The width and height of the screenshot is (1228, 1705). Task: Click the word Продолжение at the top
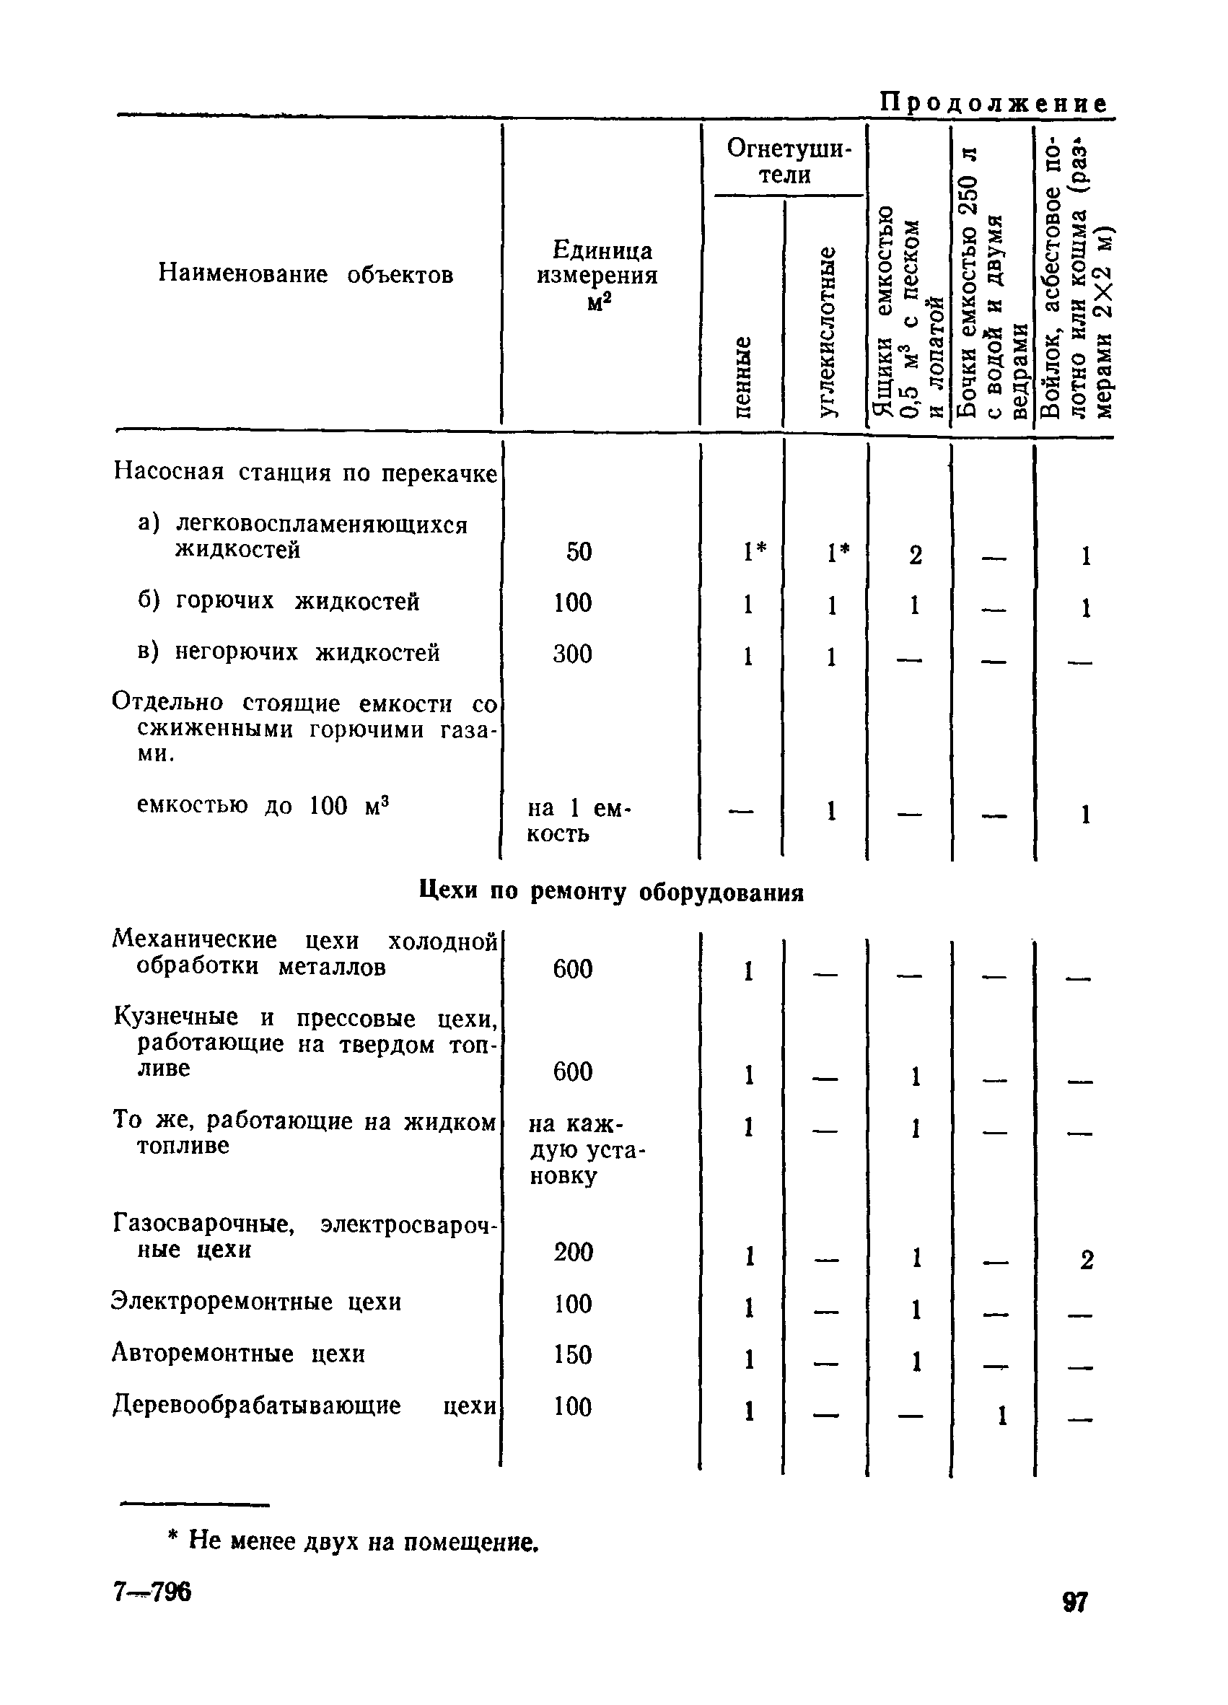tap(994, 103)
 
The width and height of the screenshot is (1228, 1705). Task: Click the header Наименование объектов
tap(306, 274)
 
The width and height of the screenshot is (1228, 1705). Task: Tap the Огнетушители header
tap(787, 161)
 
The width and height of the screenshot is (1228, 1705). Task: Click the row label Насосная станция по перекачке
tap(305, 472)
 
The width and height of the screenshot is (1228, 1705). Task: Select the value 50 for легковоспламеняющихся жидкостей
tap(579, 552)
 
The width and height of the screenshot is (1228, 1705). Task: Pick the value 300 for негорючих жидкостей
tap(573, 654)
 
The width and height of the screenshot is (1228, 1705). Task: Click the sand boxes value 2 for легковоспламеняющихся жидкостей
tap(916, 555)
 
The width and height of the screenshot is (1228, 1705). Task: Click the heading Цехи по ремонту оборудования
tap(611, 893)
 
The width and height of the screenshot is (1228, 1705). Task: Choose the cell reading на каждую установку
tap(585, 1149)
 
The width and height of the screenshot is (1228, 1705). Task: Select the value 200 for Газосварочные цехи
tap(574, 1252)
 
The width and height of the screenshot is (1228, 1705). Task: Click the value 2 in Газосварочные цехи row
tap(1086, 1259)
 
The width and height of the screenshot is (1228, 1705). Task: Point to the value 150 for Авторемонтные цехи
tap(573, 1354)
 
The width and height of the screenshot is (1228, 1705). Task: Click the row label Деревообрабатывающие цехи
tap(305, 1405)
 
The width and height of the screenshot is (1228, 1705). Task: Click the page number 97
tap(1075, 1603)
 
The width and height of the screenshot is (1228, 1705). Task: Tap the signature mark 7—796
tap(152, 1592)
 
